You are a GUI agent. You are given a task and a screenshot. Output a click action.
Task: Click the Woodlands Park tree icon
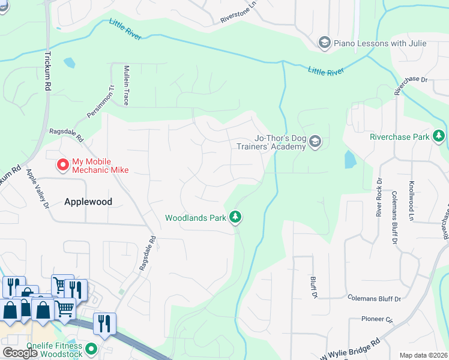click(x=237, y=217)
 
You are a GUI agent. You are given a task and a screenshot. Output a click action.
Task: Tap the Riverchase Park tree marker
click(x=439, y=137)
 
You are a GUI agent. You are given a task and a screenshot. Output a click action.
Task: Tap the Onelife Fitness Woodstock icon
click(x=91, y=348)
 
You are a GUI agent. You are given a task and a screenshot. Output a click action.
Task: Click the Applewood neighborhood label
click(x=88, y=202)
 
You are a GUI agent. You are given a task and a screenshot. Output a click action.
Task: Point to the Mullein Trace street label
click(x=127, y=85)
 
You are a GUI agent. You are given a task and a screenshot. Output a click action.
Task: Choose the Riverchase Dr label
click(x=411, y=85)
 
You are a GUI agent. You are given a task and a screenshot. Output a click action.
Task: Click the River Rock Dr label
click(x=379, y=197)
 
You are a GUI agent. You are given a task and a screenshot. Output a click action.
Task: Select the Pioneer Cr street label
click(x=376, y=319)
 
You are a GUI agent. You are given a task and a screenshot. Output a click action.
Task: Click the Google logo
click(x=20, y=352)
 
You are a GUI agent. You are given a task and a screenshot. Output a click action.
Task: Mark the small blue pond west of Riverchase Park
click(x=349, y=159)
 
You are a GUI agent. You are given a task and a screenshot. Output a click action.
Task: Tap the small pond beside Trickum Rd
click(x=70, y=62)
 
